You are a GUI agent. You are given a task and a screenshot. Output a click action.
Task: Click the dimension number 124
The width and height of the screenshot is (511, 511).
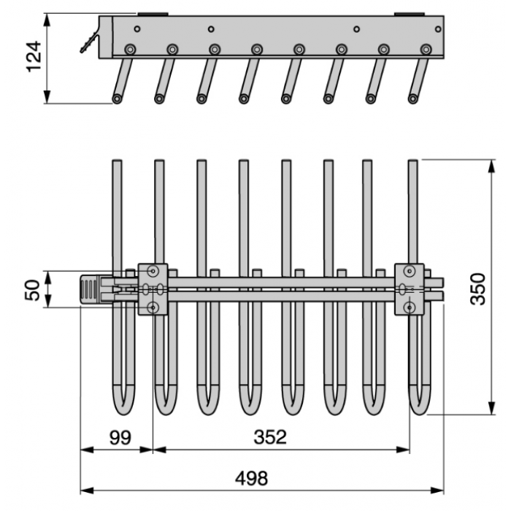pos(34,56)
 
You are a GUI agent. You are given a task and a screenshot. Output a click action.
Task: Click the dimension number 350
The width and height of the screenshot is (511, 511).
pos(478,289)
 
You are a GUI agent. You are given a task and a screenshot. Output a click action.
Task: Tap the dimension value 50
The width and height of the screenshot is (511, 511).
pos(33,290)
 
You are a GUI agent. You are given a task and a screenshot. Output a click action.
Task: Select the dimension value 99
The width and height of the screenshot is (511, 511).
pos(120,438)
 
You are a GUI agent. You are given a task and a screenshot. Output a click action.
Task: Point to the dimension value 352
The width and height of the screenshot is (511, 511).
pos(270,437)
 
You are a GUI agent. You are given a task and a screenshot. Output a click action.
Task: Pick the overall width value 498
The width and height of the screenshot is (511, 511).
pos(252,478)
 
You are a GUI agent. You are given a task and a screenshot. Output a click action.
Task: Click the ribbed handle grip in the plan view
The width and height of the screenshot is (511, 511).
pos(90,289)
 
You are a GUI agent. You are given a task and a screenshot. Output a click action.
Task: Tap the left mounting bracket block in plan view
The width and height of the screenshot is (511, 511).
pos(153,289)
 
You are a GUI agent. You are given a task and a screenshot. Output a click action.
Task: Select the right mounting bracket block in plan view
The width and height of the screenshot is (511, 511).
pos(410,289)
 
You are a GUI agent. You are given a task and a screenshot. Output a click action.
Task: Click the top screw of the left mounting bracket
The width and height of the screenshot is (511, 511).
pos(153,271)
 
